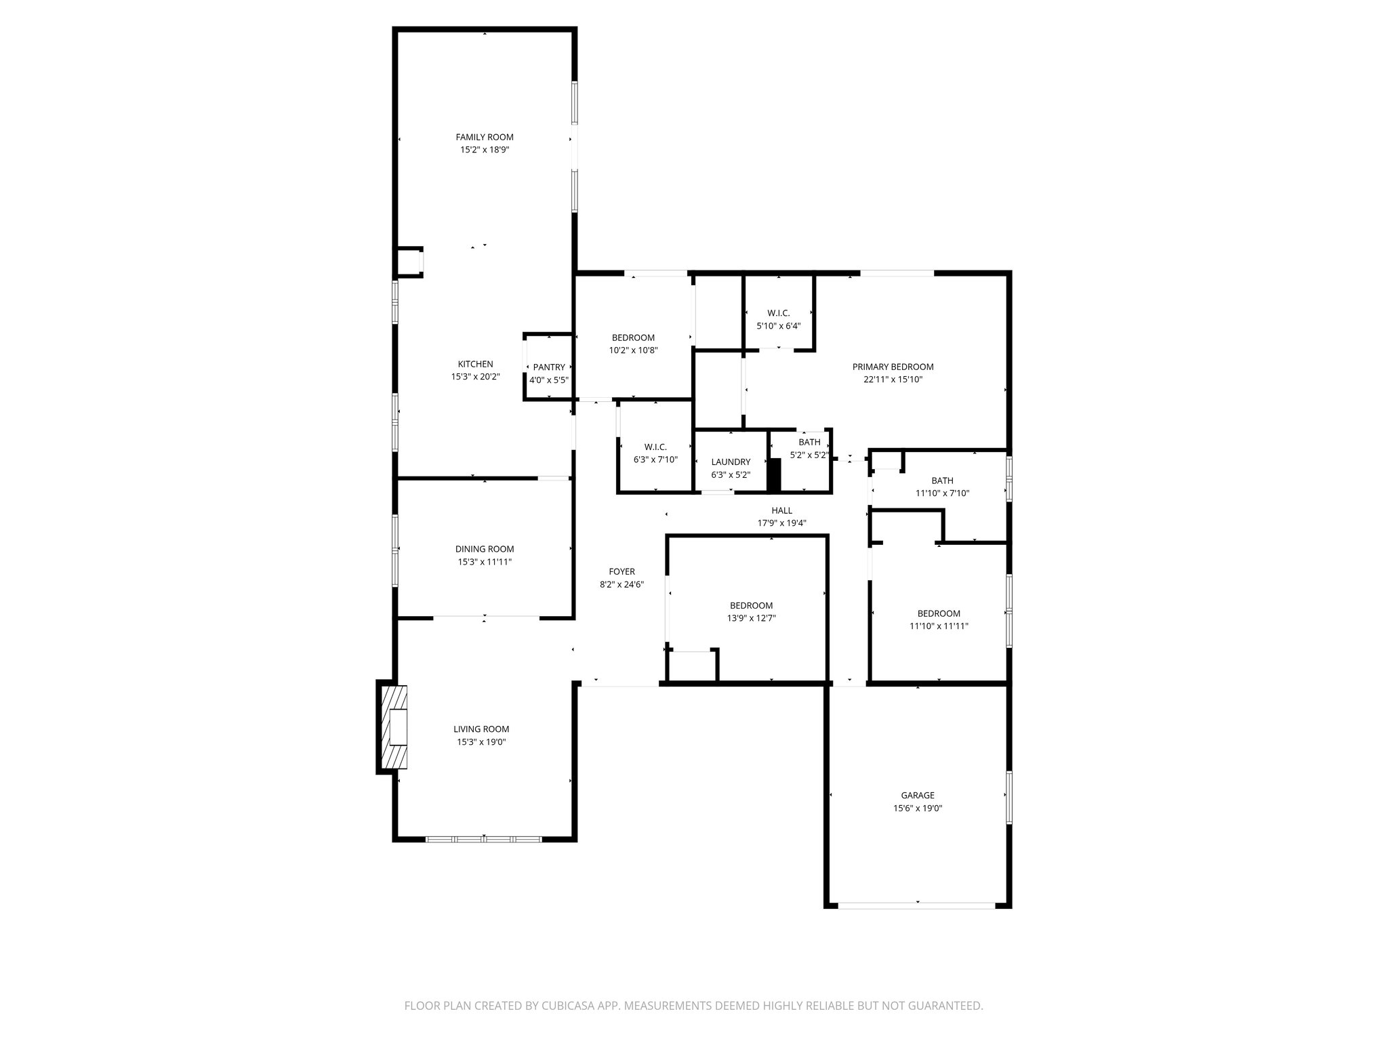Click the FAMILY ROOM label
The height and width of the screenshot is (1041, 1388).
pos(484,137)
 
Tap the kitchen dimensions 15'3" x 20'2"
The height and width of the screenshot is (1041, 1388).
pos(475,377)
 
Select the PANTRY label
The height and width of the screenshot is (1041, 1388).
pos(548,367)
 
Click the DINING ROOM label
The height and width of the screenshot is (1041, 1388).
pos(484,549)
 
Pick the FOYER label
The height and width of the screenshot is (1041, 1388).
pos(621,571)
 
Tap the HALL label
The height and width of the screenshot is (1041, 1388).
pos(781,510)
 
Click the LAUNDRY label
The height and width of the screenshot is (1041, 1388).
pos(731,462)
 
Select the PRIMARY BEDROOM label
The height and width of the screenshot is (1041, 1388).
pos(893,367)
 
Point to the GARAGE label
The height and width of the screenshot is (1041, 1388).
pos(918,795)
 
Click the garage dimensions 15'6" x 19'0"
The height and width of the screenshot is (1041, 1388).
pos(918,808)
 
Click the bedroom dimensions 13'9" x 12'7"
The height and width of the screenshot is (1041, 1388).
pos(751,618)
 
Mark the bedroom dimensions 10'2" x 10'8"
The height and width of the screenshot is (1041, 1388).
pos(633,350)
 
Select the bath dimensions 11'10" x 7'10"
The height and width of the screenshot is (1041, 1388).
pos(942,493)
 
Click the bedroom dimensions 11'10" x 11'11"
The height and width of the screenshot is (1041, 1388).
pos(939,626)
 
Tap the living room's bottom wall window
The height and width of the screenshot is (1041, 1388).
pos(484,839)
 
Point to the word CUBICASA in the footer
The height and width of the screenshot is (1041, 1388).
pos(565,1006)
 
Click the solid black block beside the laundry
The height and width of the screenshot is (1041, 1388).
pos(774,474)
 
